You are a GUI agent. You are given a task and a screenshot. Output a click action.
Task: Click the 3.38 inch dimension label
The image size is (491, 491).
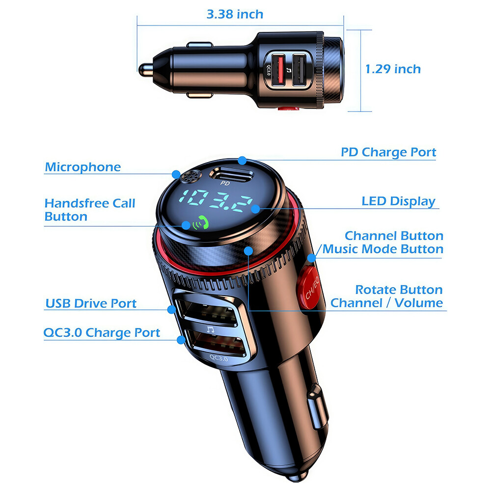tap(235, 14)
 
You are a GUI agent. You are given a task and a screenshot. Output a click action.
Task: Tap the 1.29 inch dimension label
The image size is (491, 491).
tap(393, 69)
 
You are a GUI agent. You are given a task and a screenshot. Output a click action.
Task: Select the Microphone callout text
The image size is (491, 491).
tap(82, 167)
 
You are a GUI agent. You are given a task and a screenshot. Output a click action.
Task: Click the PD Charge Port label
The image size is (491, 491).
tap(388, 152)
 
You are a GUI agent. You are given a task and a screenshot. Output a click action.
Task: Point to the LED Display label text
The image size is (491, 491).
tap(398, 201)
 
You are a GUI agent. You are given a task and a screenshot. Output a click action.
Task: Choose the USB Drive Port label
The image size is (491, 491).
tap(91, 303)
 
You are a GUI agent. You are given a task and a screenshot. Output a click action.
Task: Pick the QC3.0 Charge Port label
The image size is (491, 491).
tap(102, 333)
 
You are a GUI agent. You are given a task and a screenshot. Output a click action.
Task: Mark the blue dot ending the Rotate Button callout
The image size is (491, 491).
tap(249, 250)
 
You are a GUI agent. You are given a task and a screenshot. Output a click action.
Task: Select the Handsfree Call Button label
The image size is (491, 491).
tap(89, 210)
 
